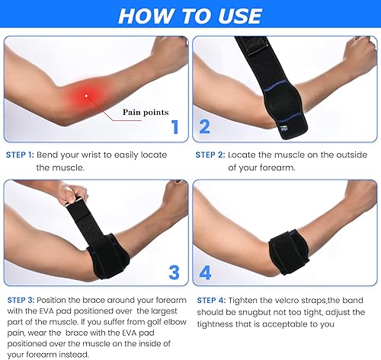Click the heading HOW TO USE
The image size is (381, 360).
click(190, 16)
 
